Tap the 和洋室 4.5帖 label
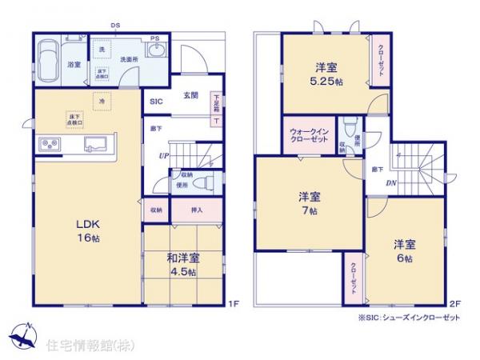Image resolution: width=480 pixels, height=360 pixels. pyautogui.click(x=183, y=264)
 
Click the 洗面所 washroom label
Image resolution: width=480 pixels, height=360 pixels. pyautogui.click(x=129, y=59)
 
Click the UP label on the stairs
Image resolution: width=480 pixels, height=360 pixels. pyautogui.click(x=163, y=155)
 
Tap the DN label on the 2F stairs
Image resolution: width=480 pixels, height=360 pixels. pyautogui.click(x=392, y=182)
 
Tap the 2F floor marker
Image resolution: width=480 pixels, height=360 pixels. pyautogui.click(x=454, y=303)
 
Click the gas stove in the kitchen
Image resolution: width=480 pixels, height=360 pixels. pyautogui.click(x=50, y=144)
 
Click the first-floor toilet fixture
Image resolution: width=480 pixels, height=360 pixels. pyautogui.click(x=210, y=182)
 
